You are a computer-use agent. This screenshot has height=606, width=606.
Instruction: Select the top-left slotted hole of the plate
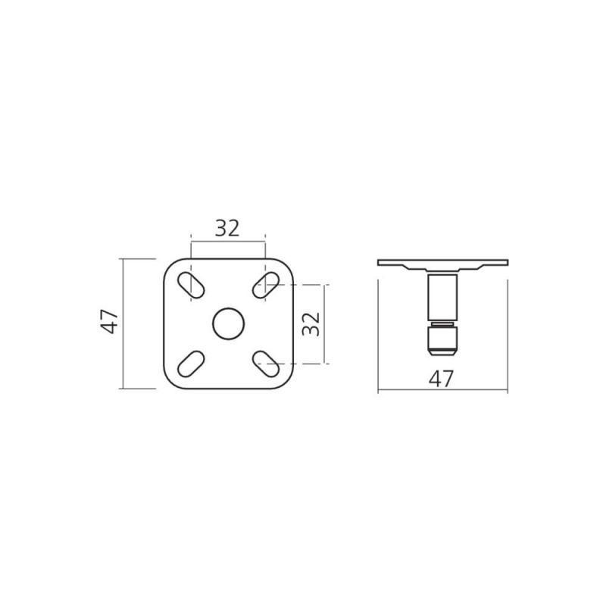(191, 286)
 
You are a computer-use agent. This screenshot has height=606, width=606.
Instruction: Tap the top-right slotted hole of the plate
(266, 286)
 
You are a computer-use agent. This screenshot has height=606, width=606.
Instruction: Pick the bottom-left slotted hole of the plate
(191, 364)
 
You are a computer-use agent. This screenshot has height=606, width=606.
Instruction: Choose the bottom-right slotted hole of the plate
(266, 364)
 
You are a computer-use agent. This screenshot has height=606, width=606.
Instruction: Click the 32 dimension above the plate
(227, 228)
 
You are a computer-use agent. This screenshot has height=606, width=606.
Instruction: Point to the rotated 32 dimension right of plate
(311, 324)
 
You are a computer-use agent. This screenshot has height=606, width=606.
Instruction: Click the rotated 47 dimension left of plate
(109, 321)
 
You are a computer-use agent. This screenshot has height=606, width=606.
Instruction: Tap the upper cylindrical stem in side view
(442, 297)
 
